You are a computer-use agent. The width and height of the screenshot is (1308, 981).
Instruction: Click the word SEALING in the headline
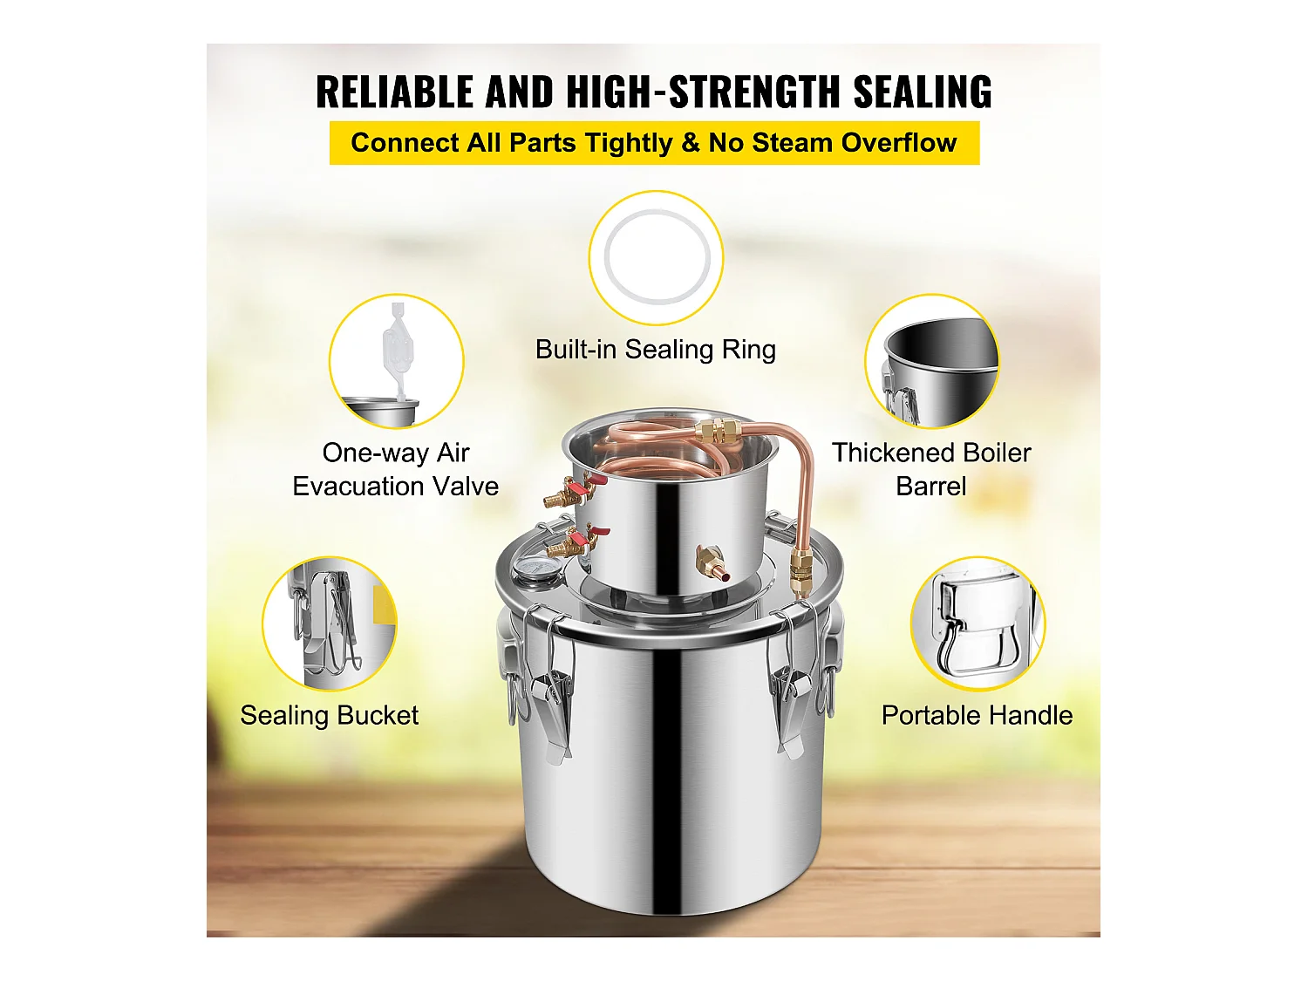tap(922, 92)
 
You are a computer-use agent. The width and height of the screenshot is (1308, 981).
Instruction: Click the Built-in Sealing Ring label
tap(656, 350)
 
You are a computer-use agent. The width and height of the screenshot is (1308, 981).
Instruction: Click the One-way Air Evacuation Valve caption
tap(396, 469)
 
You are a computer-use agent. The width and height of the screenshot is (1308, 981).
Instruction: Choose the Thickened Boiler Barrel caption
tap(931, 469)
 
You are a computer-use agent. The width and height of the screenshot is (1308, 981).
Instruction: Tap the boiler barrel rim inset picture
tap(932, 361)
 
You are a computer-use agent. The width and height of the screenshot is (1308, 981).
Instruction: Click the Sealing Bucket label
tap(330, 715)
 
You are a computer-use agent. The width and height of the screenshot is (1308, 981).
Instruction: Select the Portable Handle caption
tap(977, 715)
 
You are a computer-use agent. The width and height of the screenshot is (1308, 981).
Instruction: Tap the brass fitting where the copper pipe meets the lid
tap(800, 568)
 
